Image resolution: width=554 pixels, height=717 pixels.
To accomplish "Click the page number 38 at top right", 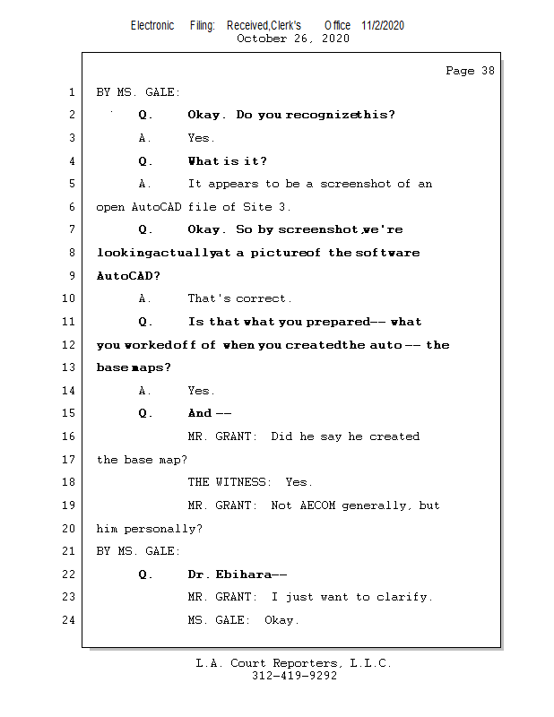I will coord(487,71).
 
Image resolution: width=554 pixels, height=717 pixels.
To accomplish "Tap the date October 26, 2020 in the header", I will coord(292,39).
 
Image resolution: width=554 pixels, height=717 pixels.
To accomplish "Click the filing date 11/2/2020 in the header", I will coord(383,25).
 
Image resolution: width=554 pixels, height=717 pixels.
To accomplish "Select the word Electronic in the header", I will coord(152,25).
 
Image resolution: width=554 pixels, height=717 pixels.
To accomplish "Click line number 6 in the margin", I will coord(71,207).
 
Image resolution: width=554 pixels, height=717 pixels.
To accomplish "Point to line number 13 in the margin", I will coord(69,367).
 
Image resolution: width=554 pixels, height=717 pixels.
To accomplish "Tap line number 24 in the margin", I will coord(69,620).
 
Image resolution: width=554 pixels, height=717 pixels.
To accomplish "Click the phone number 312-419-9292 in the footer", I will coord(294,677).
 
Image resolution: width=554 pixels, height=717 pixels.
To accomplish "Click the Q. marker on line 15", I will coord(146,413).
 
